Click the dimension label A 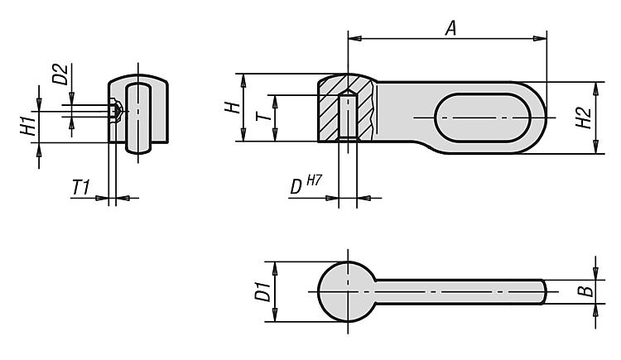450,28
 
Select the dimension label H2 584,118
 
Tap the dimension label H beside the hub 233,108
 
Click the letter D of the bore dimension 296,187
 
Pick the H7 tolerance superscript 314,180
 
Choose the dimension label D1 263,291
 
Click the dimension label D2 60,74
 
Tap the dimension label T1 81,187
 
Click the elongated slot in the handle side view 483,118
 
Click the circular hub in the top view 347,292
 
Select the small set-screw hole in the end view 115,111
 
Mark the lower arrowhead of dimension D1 275,315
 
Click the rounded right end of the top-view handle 543,292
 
